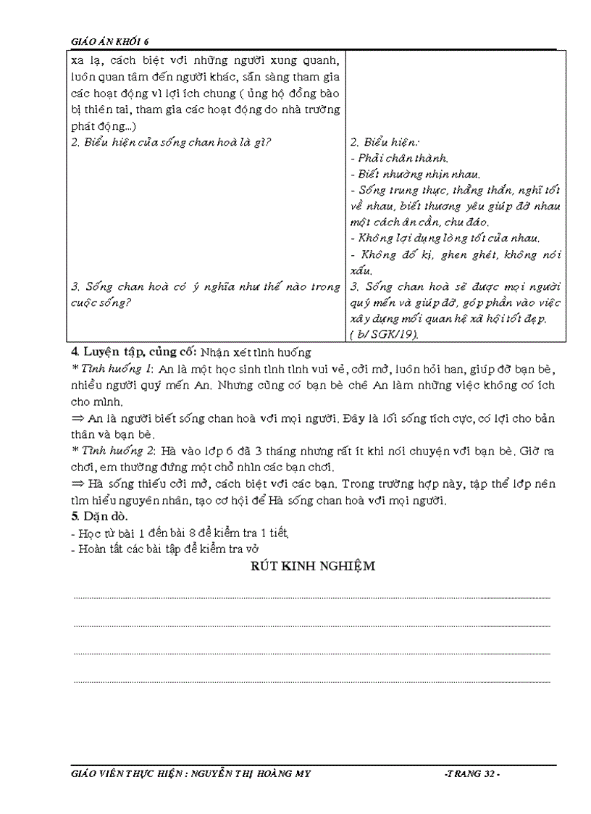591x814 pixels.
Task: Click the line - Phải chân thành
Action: coord(398,158)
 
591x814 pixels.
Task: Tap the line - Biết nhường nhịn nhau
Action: coord(415,174)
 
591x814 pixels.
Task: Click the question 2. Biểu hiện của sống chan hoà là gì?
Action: coord(171,142)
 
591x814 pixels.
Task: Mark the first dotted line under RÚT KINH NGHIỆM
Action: coord(312,598)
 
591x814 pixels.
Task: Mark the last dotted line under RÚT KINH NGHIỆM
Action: coord(312,682)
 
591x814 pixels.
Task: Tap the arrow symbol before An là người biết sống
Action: coord(77,418)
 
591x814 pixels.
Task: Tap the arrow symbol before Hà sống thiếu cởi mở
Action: coord(77,483)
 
